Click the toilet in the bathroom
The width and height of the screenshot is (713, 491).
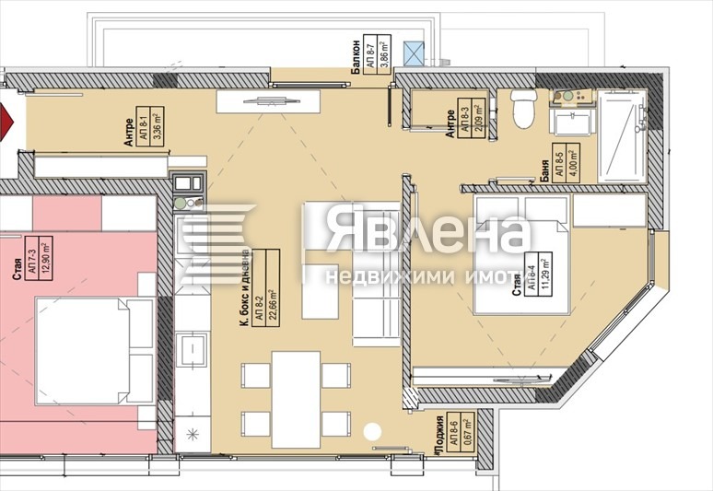click(x=522, y=108)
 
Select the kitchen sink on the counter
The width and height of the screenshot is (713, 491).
click(x=194, y=350)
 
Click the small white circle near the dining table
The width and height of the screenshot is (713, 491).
click(x=372, y=430)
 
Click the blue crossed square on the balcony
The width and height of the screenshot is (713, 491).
click(x=420, y=53)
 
